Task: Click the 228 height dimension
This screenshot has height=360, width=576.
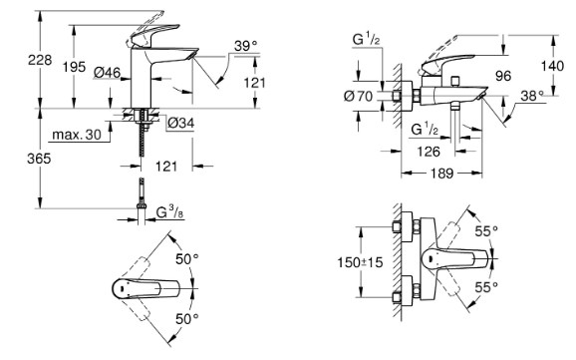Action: tap(40, 60)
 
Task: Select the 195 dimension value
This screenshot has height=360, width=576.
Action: tap(74, 67)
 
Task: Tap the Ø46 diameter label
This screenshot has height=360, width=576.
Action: tap(107, 73)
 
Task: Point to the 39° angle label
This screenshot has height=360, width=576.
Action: tap(246, 46)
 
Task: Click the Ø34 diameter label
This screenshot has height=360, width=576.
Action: tap(180, 123)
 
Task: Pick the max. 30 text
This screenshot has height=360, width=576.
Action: tap(77, 135)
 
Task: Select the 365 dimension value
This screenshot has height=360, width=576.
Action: tap(39, 159)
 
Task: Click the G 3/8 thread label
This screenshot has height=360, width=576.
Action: tap(169, 212)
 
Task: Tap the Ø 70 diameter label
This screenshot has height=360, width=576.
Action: tap(358, 97)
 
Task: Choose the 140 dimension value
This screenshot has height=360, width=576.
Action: tap(552, 66)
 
